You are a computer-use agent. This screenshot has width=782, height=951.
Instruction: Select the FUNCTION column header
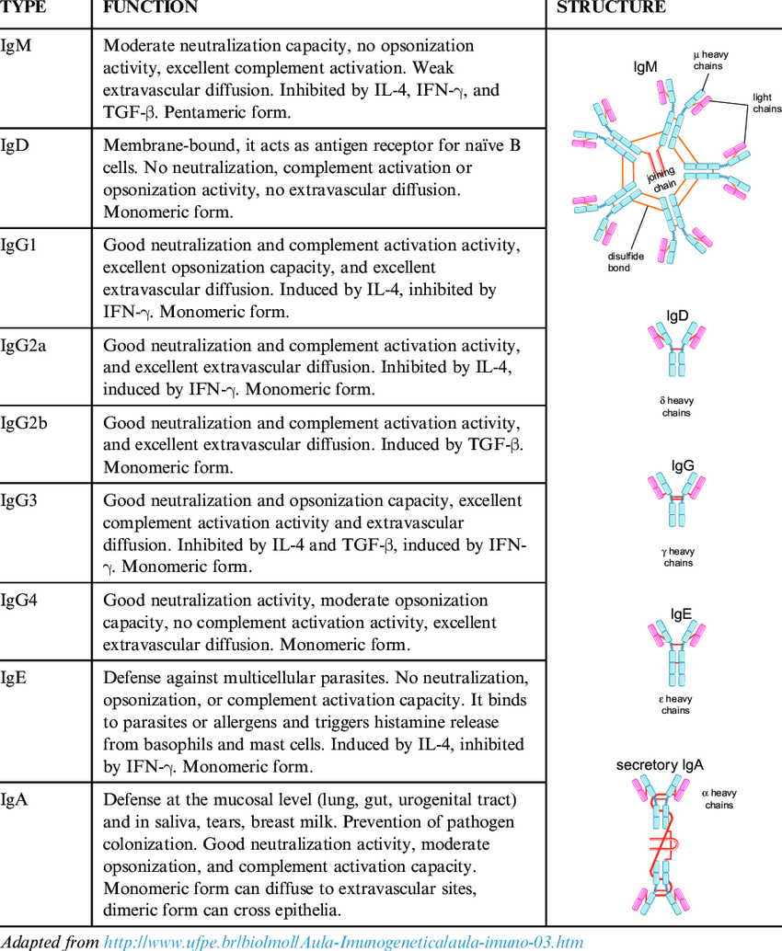point(150,7)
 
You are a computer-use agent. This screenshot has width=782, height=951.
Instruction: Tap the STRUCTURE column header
point(611,7)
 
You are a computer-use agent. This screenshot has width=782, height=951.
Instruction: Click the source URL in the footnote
point(344,941)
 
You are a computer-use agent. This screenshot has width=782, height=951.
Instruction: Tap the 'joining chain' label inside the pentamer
point(661,178)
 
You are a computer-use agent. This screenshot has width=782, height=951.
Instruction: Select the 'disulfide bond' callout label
point(626,262)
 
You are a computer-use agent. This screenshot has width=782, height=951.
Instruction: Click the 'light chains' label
point(766,103)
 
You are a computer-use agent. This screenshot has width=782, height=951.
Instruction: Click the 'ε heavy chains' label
point(677,705)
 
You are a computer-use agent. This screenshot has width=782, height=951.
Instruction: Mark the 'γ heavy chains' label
point(678,556)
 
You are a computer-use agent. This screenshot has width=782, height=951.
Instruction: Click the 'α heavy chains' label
point(719,798)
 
